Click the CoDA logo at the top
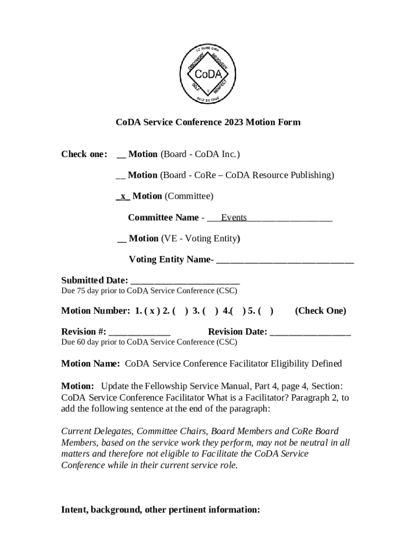point(208,73)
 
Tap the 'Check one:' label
point(84,154)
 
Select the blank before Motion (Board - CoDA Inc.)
point(121,155)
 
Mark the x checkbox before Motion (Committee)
point(123,196)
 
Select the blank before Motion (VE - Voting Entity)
point(122,239)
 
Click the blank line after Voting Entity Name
point(285,260)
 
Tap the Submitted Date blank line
point(185,281)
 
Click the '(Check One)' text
point(320,311)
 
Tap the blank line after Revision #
point(139,332)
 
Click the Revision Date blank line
point(310,332)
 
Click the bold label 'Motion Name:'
point(90,364)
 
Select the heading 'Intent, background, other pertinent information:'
point(160,510)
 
